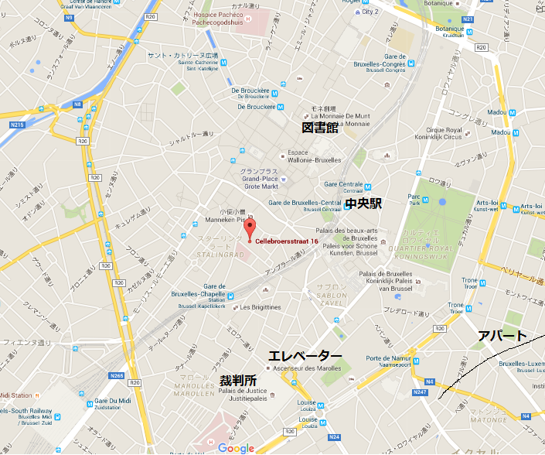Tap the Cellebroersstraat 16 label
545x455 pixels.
point(287,241)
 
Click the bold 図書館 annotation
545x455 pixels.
point(319,128)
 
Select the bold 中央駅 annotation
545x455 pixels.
point(364,204)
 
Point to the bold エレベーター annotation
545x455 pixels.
point(305,355)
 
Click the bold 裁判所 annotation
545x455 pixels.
point(238,381)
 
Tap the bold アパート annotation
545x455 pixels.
point(502,336)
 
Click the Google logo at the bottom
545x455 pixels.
point(236,448)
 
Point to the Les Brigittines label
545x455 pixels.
point(261,306)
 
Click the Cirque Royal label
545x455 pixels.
point(465,134)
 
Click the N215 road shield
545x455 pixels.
point(17,124)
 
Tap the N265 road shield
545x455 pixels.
point(117,375)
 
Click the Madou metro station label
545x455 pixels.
point(500,112)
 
